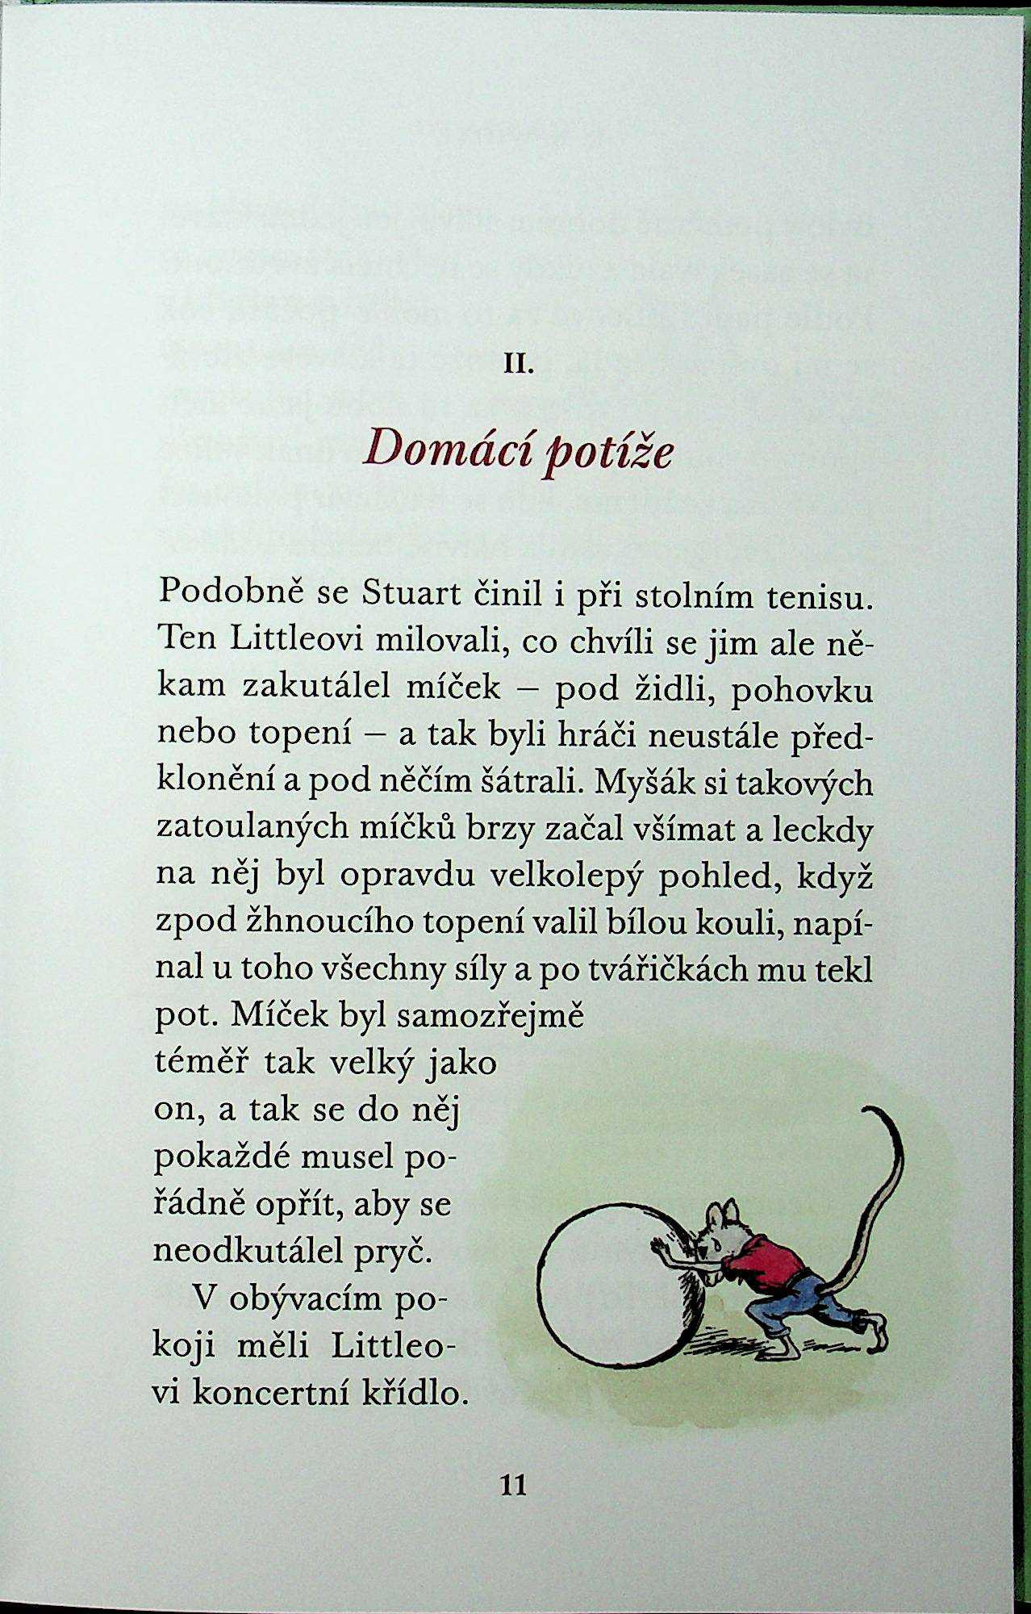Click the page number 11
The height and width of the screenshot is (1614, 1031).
514,1483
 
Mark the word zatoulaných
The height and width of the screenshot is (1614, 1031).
277,830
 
